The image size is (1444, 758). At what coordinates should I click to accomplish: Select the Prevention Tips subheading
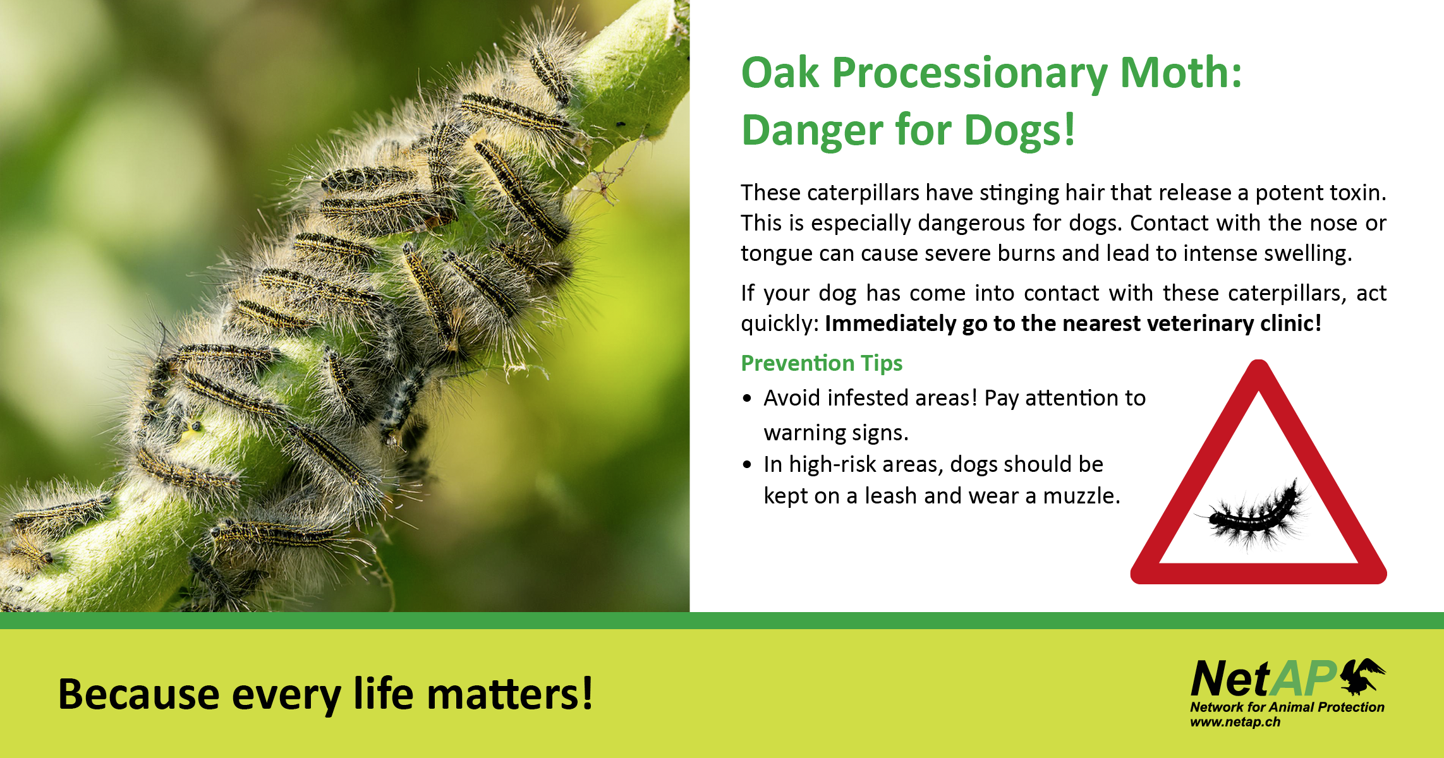pyautogui.click(x=822, y=363)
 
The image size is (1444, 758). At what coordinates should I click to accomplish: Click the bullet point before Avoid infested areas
pyautogui.click(x=748, y=399)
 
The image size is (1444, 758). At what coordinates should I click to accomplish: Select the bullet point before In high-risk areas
pyautogui.click(x=748, y=465)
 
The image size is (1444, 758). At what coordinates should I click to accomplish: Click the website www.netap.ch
pyautogui.click(x=1235, y=722)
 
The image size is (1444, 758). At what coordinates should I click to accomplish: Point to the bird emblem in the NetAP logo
pyautogui.click(x=1362, y=676)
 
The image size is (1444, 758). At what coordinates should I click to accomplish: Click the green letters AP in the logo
pyautogui.click(x=1303, y=679)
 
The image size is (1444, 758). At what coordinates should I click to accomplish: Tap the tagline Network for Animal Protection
pyautogui.click(x=1287, y=707)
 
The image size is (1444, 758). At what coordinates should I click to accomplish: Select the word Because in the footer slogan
pyautogui.click(x=138, y=694)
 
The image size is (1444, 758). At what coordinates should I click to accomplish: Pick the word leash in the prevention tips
pyautogui.click(x=891, y=496)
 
